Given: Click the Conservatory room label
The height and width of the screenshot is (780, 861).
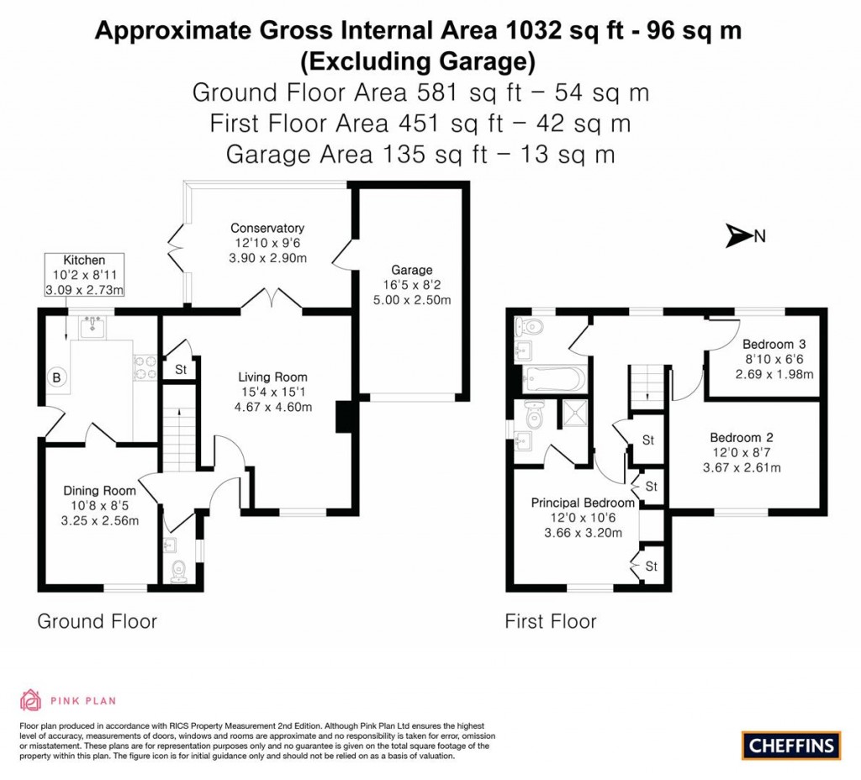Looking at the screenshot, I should click(267, 228).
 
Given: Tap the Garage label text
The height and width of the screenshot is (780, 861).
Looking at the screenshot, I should click(411, 270).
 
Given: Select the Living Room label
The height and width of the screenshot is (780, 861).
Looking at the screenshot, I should click(272, 377).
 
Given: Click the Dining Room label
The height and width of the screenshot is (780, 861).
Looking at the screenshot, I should click(101, 491).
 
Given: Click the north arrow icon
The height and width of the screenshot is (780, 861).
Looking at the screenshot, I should click(738, 237).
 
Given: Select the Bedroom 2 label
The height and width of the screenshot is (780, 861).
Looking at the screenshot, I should click(742, 438).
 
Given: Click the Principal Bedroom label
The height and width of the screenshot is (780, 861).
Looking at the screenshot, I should click(583, 503).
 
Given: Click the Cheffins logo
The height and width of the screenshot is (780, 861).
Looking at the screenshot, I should click(790, 745).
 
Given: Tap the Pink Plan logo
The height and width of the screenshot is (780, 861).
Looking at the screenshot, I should click(68, 699).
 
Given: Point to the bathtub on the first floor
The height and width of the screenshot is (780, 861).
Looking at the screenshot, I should click(552, 378).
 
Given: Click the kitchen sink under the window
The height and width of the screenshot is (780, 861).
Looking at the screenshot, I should click(92, 327).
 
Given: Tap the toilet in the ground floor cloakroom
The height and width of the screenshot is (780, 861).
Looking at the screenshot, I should click(177, 572).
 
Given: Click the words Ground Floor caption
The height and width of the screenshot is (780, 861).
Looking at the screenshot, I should click(97, 622).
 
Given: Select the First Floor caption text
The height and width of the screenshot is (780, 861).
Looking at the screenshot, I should click(550, 622).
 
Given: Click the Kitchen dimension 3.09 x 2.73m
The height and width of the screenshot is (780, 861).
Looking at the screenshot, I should click(84, 290).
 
